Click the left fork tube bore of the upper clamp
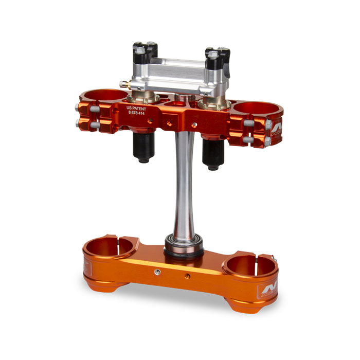(x=106, y=96)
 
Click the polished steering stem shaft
(x=184, y=185)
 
